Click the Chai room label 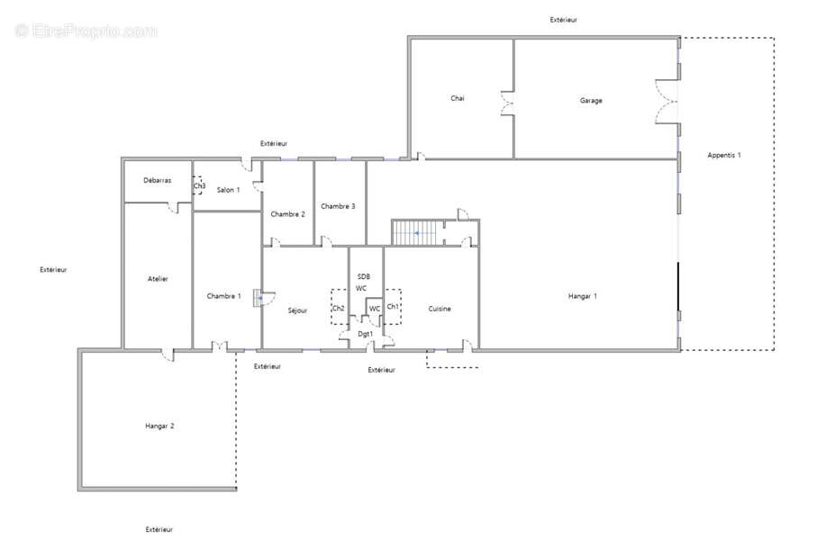pyautogui.click(x=457, y=98)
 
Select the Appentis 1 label pyautogui.click(x=723, y=155)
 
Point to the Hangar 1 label pyautogui.click(x=582, y=296)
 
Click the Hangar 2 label pyautogui.click(x=159, y=426)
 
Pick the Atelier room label pyautogui.click(x=158, y=279)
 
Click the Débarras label pyautogui.click(x=157, y=180)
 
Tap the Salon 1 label pyautogui.click(x=228, y=190)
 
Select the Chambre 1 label pyautogui.click(x=223, y=296)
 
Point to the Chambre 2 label pyautogui.click(x=287, y=214)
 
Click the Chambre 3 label pyautogui.click(x=338, y=206)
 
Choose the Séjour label pyautogui.click(x=297, y=310)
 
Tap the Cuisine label pyautogui.click(x=440, y=309)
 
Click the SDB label pyautogui.click(x=363, y=277)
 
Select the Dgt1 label pyautogui.click(x=365, y=334)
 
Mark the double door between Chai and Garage pyautogui.click(x=507, y=103)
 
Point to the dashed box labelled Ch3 pyautogui.click(x=197, y=185)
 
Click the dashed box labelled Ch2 pyautogui.click(x=340, y=307)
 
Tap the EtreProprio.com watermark pyautogui.click(x=86, y=31)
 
